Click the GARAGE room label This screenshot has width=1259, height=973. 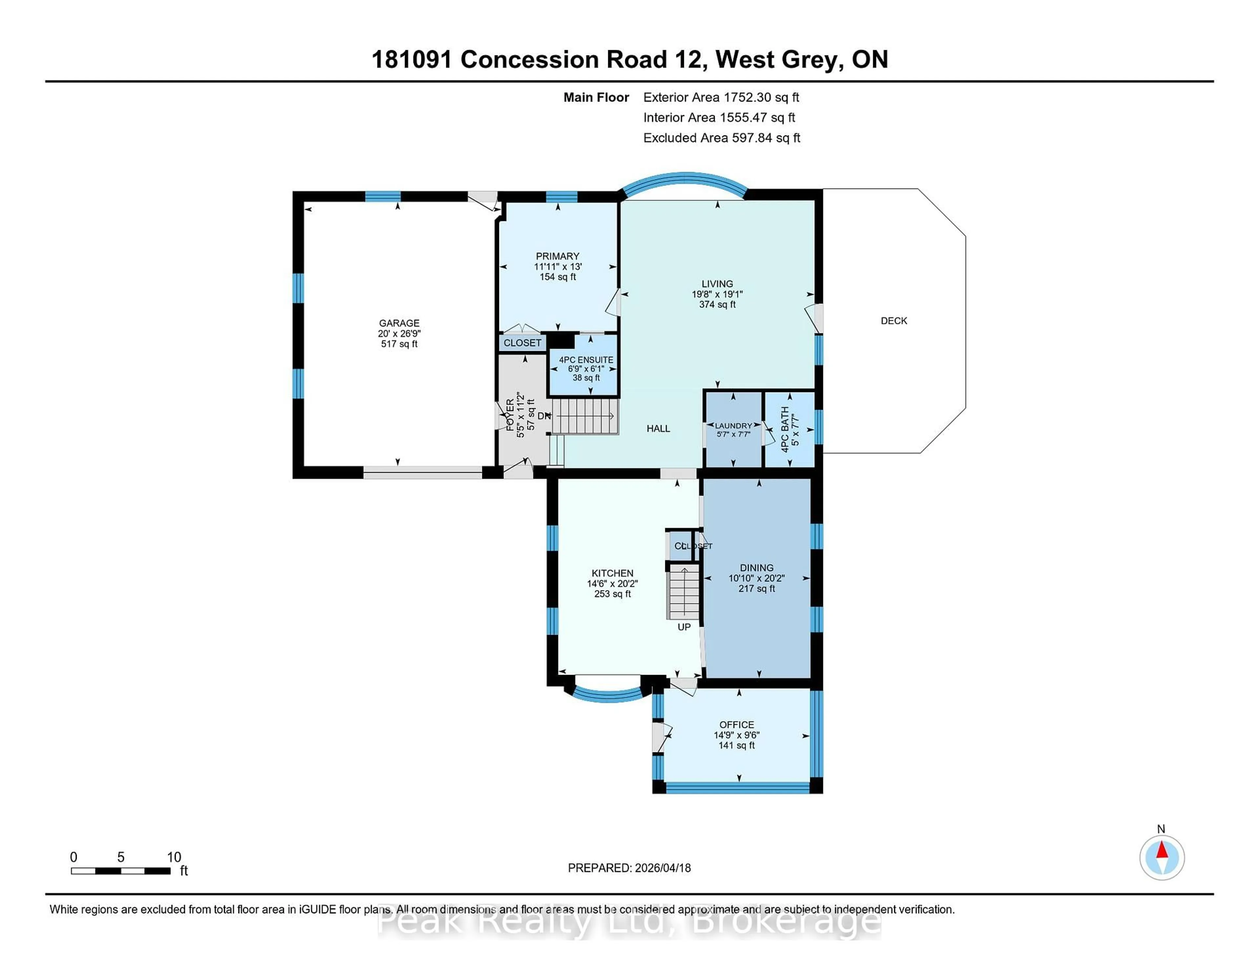tap(399, 323)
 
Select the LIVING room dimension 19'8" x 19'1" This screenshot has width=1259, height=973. tap(717, 294)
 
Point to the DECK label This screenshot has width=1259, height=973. tap(893, 321)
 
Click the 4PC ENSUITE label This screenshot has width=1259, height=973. tap(586, 360)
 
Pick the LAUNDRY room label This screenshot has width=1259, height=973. tap(733, 426)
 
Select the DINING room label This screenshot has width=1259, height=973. tap(756, 568)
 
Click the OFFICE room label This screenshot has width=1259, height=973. tap(736, 725)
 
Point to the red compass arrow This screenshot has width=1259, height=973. tap(1162, 850)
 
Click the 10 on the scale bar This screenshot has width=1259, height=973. tap(174, 857)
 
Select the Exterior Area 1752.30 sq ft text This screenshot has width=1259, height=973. tap(721, 97)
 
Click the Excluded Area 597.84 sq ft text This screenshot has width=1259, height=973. tap(721, 138)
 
